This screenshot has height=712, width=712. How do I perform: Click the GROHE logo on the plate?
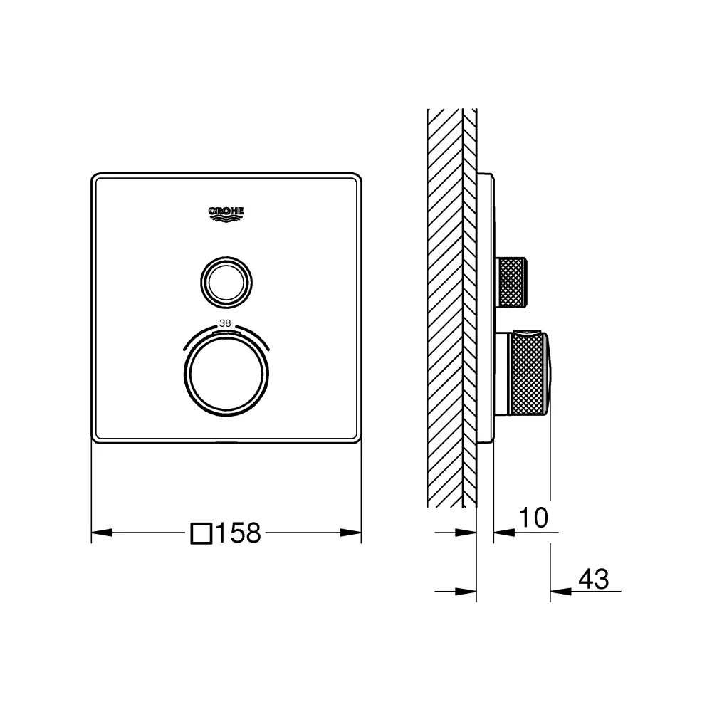pyautogui.click(x=226, y=214)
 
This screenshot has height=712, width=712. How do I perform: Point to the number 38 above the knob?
pyautogui.click(x=225, y=323)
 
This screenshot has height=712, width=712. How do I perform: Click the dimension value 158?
pyautogui.click(x=239, y=533)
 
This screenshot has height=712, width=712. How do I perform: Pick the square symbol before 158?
pyautogui.click(x=201, y=533)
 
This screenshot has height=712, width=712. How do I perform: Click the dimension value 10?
pyautogui.click(x=533, y=518)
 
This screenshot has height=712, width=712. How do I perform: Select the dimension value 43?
pyautogui.click(x=594, y=579)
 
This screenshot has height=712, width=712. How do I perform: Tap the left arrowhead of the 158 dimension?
pyautogui.click(x=102, y=532)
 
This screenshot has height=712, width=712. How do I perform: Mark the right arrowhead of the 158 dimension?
pyautogui.click(x=351, y=532)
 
